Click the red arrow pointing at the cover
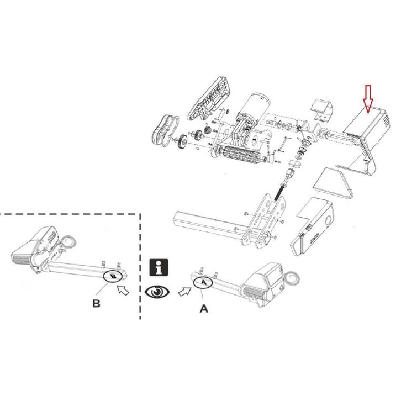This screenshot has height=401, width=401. [368, 99]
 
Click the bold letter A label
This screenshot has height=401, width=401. [203, 310]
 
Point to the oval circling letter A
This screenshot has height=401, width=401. [203, 282]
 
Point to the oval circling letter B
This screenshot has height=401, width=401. [113, 275]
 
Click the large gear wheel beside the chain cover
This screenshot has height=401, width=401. [182, 143]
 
